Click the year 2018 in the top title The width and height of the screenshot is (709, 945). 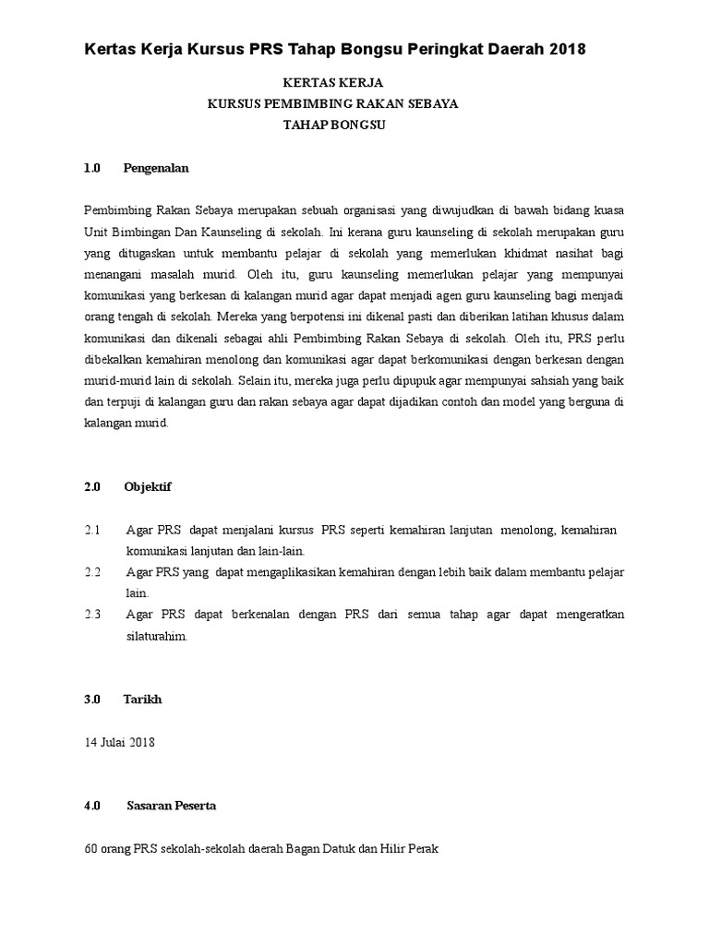click(566, 49)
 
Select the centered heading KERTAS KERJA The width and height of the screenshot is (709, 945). click(332, 83)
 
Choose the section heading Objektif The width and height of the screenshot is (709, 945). click(148, 486)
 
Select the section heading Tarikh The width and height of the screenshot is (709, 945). click(142, 700)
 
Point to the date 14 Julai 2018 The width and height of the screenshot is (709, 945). click(119, 743)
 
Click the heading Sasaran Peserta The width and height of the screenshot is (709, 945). click(172, 806)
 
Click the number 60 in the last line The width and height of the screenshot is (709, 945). click(90, 849)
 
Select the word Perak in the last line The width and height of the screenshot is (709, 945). click(422, 849)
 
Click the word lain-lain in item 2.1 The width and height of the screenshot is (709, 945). click(279, 552)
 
